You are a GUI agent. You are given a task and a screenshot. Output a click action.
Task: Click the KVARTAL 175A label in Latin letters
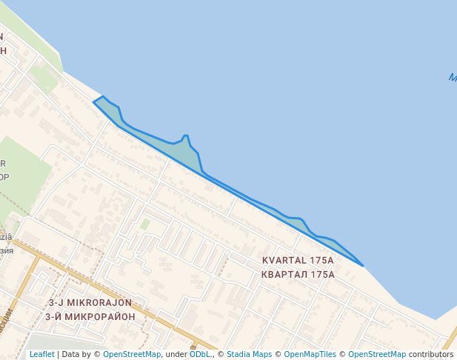[x=298, y=261]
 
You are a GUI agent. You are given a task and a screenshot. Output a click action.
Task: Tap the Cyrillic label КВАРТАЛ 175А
[x=298, y=274]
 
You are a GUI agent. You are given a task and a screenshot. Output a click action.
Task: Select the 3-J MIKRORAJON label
[x=90, y=303]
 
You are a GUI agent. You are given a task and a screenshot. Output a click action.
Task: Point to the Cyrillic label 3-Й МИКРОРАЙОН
[x=90, y=316]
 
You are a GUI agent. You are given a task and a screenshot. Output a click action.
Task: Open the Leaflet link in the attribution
[x=41, y=355]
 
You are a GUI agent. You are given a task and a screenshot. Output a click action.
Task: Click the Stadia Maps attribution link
[x=249, y=355]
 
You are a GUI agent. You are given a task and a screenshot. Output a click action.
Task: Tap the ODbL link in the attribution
[x=199, y=355]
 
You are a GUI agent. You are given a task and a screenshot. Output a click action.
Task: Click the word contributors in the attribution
[x=430, y=355]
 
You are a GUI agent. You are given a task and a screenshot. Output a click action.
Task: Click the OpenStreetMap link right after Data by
[x=132, y=355]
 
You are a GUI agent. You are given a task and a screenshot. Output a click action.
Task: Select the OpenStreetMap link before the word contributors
[x=377, y=355]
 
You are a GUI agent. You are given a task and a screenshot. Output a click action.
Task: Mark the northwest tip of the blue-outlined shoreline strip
[x=94, y=101]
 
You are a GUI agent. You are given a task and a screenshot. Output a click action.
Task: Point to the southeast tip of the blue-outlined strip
[x=363, y=265]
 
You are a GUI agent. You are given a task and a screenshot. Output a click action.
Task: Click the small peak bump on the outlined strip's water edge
[x=186, y=136]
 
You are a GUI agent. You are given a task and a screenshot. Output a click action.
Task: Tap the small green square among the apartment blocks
[x=145, y=223]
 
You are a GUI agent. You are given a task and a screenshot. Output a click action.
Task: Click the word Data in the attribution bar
[x=71, y=355]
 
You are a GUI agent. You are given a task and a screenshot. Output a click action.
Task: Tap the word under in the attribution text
[x=176, y=355]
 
